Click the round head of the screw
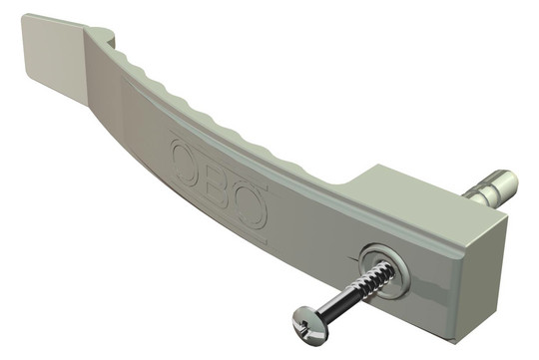310,320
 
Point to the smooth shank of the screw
340,299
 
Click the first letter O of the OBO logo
187,162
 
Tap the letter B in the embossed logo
217,186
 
